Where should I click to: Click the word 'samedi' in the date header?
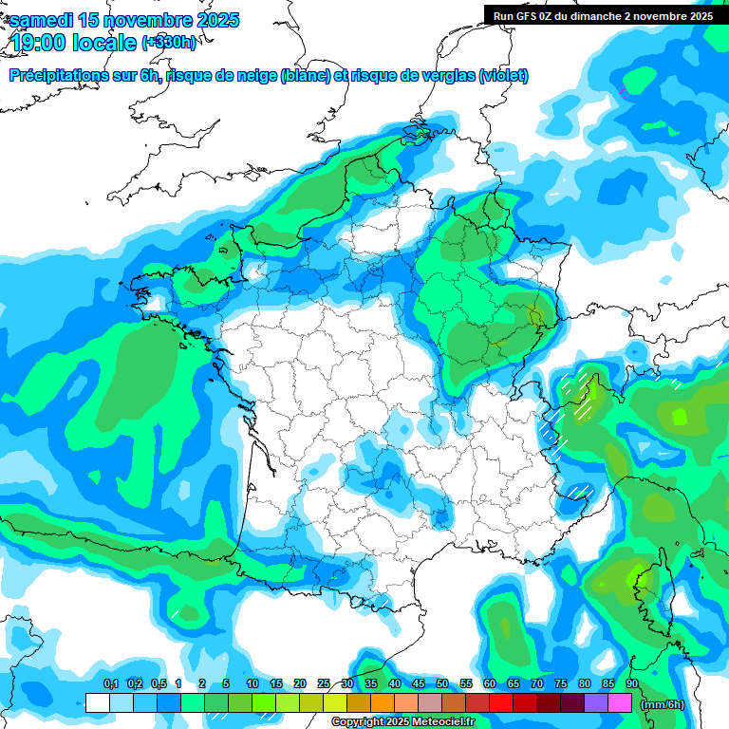tap(39, 20)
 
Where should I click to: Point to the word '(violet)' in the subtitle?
tap(503, 76)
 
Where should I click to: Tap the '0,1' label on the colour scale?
tap(110, 684)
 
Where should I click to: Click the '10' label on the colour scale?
tap(252, 684)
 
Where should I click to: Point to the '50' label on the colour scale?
tap(442, 684)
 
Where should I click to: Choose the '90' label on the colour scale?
tap(632, 684)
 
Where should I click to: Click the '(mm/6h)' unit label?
tap(663, 704)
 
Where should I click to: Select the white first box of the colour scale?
tap(97, 703)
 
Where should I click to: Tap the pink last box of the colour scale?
tap(620, 703)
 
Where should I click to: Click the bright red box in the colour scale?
tap(501, 703)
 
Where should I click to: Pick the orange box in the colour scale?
tap(383, 703)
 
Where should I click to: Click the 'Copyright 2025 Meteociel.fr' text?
tap(403, 722)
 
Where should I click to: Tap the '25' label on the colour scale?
tap(324, 684)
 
